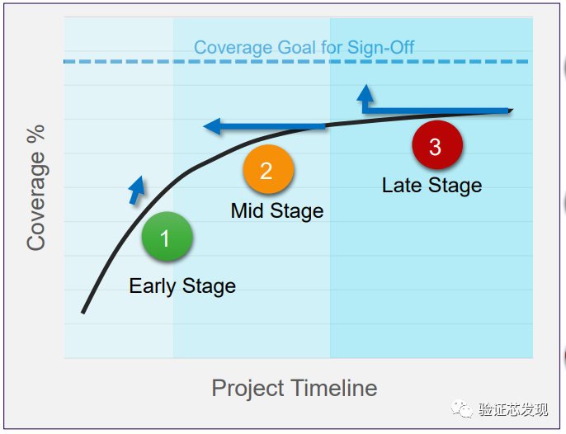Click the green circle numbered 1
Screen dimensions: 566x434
point(167,236)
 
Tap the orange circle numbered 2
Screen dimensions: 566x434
point(268,169)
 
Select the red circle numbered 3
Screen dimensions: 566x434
point(437,144)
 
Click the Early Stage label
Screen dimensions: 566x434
point(182,286)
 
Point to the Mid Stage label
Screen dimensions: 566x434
point(277,211)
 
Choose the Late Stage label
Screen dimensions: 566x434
point(432,186)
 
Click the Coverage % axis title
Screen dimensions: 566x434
point(35,188)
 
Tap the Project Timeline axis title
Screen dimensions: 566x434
point(295,389)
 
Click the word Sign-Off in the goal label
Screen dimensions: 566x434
point(380,47)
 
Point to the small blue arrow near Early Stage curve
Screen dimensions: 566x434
point(137,191)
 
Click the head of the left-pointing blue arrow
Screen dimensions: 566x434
point(212,126)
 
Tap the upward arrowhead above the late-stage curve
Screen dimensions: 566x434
point(366,92)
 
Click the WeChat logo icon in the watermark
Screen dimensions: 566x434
point(461,408)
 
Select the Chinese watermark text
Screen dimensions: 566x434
point(513,409)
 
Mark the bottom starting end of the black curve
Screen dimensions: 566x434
point(83,313)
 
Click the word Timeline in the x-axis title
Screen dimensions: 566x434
point(334,388)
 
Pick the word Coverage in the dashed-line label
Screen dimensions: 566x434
point(233,48)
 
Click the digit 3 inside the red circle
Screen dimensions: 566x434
point(436,147)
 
